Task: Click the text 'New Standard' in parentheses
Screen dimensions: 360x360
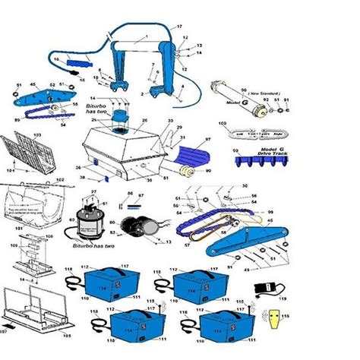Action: coord(242,96)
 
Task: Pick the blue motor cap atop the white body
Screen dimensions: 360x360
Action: coord(121,116)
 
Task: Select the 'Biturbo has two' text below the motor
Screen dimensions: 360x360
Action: coord(93,248)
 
